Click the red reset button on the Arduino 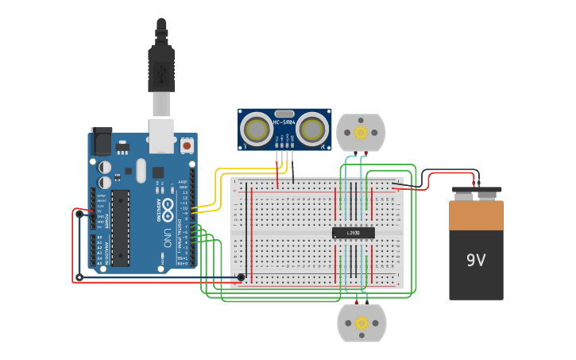pyautogui.click(x=187, y=145)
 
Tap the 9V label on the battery pyautogui.click(x=476, y=260)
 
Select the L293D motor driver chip pyautogui.click(x=353, y=233)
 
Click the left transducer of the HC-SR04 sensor pyautogui.click(x=257, y=128)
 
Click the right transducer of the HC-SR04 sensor pyautogui.click(x=313, y=128)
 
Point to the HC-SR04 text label pyautogui.click(x=284, y=122)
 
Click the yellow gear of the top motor pyautogui.click(x=361, y=131)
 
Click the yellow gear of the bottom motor pyautogui.click(x=361, y=323)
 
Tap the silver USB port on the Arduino pyautogui.click(x=161, y=135)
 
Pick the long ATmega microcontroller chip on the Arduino pyautogui.click(x=120, y=227)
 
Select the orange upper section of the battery pyautogui.click(x=476, y=215)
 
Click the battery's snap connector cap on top pyautogui.click(x=477, y=192)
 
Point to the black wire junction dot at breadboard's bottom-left pyautogui.click(x=241, y=277)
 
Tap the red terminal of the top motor pyautogui.click(x=365, y=153)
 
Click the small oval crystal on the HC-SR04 pyautogui.click(x=284, y=114)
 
